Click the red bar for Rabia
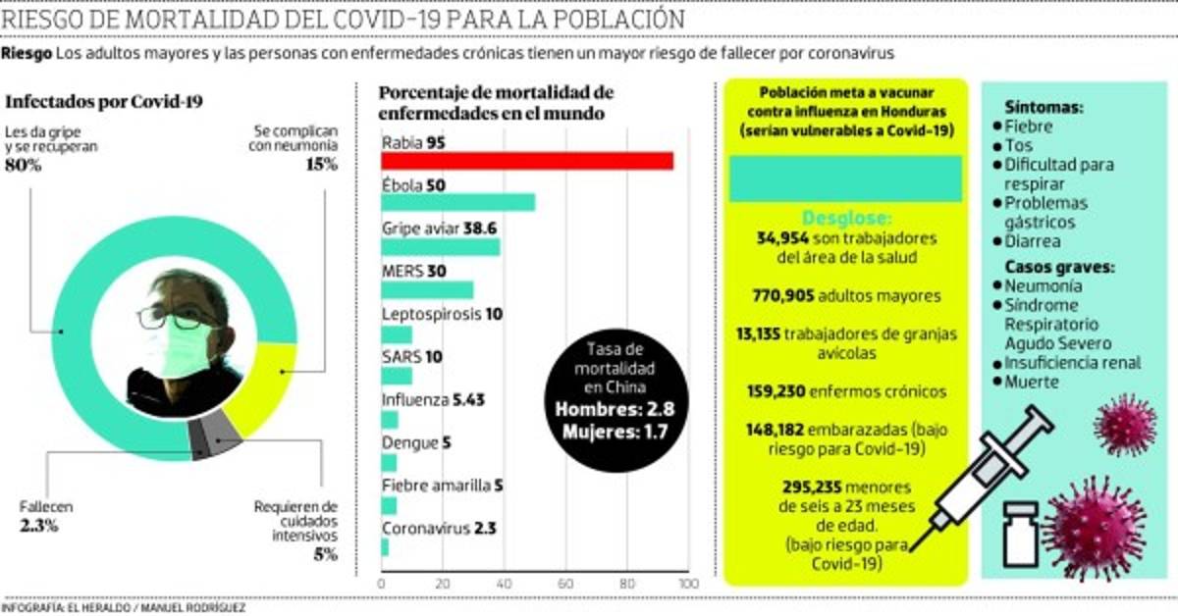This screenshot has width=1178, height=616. point(526,162)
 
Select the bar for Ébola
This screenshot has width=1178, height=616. point(457,203)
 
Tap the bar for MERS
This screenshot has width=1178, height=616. point(427,289)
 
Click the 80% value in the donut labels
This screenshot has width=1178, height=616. point(24,165)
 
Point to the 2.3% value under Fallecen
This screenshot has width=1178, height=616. point(40,526)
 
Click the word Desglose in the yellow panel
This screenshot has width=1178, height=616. point(847,217)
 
